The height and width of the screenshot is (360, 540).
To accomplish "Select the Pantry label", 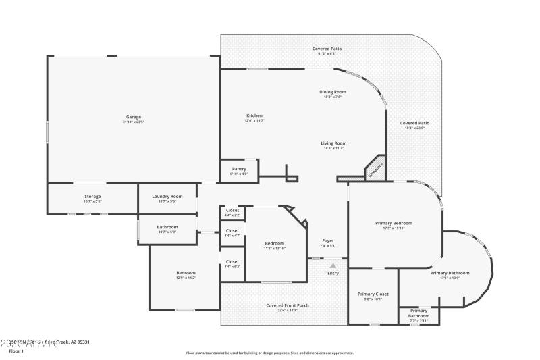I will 239,169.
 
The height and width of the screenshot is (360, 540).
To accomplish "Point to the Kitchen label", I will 254,115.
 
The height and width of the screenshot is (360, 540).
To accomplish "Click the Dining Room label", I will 333,92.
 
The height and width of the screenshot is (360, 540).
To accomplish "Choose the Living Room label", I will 333,143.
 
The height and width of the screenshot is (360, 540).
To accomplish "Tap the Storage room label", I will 92,197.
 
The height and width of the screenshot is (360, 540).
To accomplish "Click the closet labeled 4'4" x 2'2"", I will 232,212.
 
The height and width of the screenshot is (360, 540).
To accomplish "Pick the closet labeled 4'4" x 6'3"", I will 232,263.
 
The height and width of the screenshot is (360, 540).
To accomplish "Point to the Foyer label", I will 327,240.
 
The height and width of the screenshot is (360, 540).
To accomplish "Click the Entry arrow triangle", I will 333,266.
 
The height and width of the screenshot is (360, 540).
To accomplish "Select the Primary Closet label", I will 373,294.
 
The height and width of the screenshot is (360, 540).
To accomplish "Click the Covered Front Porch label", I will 288,305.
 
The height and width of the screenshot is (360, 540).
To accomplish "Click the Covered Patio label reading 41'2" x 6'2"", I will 327,49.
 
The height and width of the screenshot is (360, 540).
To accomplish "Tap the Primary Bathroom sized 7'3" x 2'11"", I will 418,313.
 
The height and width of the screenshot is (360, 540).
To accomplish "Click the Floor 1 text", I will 16,352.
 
